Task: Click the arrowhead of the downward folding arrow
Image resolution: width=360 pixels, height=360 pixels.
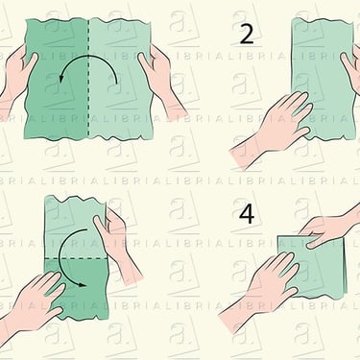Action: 83,284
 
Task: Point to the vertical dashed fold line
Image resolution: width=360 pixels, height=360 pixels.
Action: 88,79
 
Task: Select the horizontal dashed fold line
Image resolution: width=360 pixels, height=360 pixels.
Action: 76,258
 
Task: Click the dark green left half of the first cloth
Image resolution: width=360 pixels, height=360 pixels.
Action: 57,80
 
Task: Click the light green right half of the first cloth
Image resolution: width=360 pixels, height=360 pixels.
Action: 120,80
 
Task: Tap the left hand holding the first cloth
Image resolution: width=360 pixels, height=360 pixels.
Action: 16,77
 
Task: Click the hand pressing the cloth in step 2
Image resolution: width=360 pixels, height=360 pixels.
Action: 276,127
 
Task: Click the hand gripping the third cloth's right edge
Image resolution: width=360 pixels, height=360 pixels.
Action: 117,243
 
